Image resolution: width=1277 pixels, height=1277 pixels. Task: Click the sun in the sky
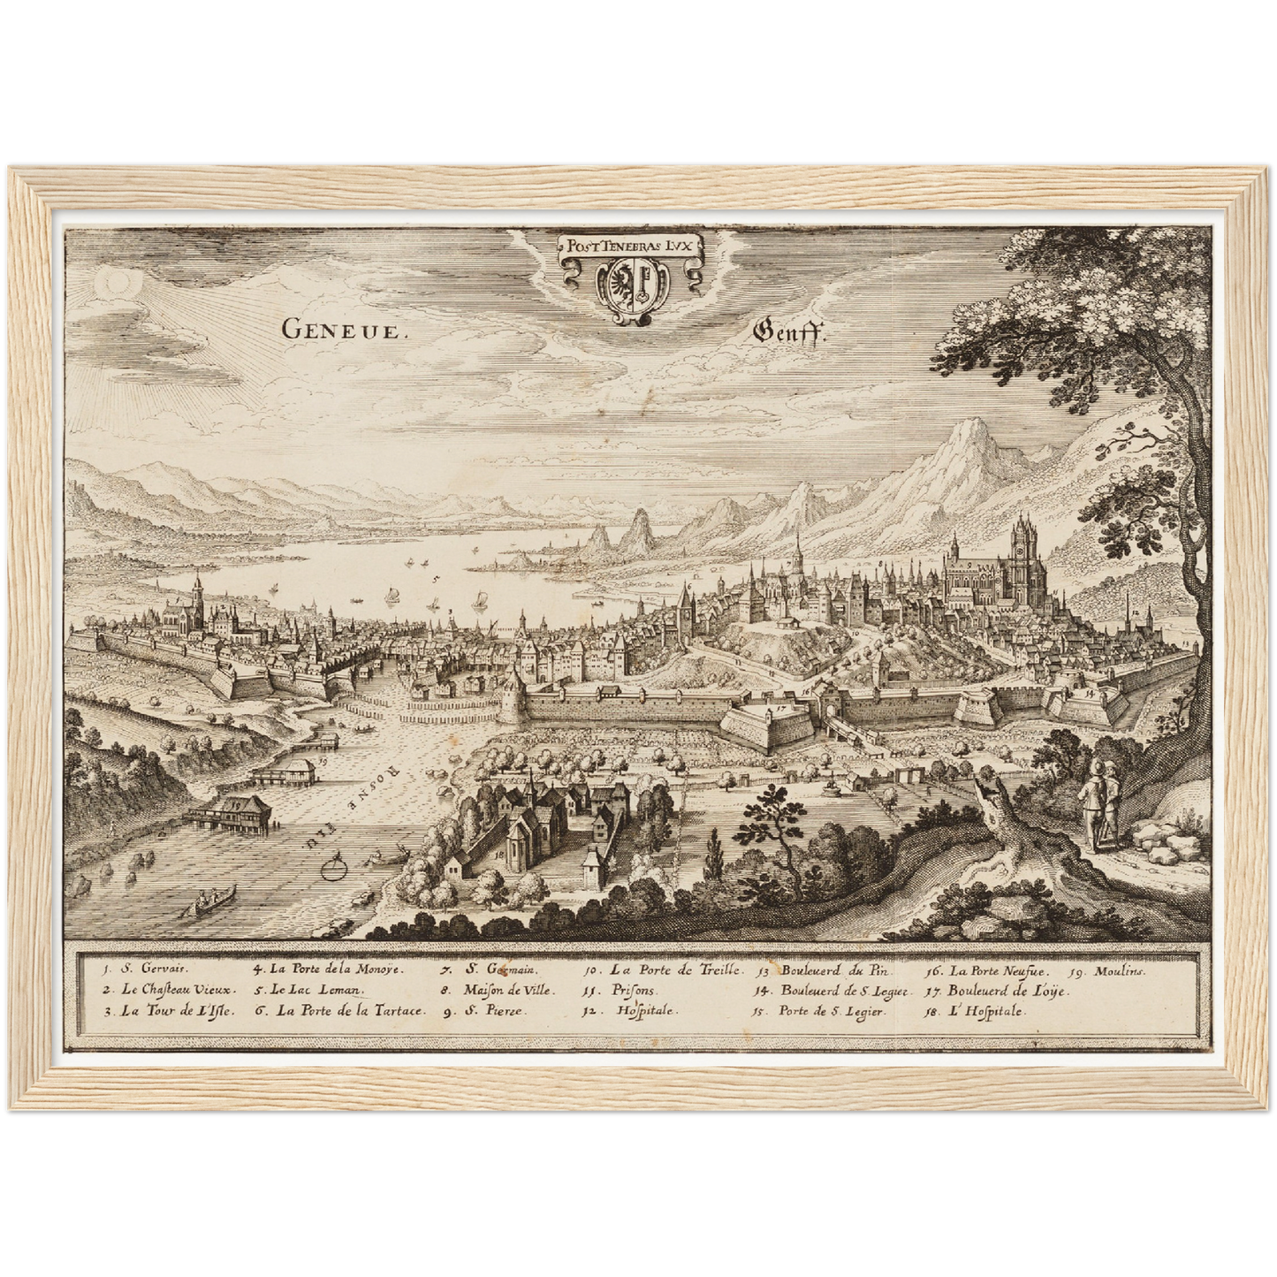(116, 283)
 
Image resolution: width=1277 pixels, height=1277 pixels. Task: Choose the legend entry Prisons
(630, 991)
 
